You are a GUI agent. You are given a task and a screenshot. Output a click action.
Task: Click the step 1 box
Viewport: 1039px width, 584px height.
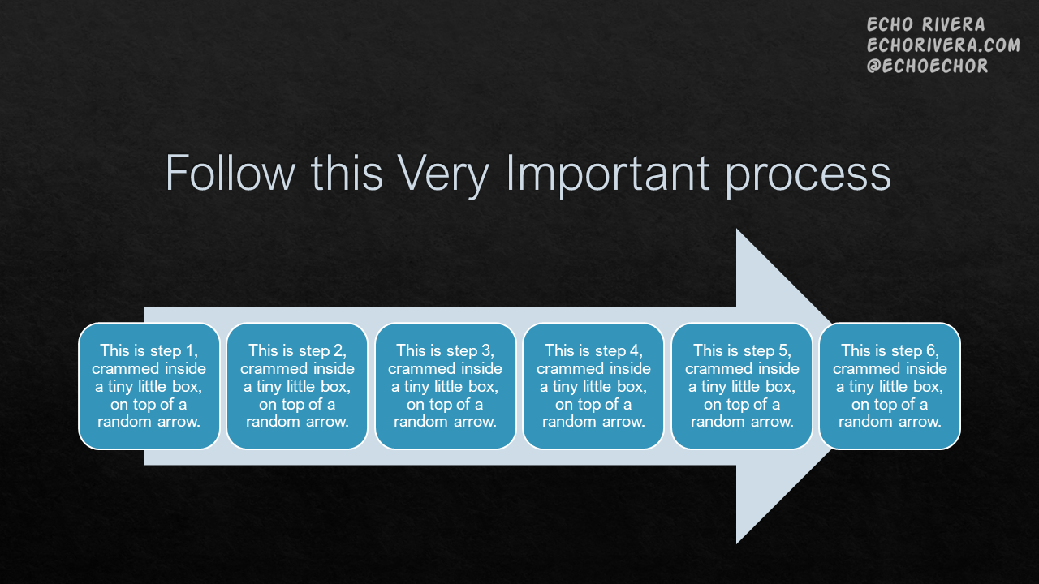pos(149,386)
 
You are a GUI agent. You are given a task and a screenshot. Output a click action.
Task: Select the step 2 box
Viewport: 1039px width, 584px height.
pos(297,386)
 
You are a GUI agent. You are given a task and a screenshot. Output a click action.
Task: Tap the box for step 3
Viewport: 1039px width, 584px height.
pos(446,386)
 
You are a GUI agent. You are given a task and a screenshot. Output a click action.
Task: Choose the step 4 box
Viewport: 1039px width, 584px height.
pos(593,386)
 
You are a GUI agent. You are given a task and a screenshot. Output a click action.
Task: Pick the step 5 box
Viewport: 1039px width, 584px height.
pos(742,386)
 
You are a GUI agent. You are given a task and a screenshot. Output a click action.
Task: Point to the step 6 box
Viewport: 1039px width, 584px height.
pos(890,386)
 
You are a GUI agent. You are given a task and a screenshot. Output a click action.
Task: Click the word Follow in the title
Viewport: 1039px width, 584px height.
pos(230,173)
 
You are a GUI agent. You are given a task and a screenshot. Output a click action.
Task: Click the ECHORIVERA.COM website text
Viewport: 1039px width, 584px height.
pos(943,45)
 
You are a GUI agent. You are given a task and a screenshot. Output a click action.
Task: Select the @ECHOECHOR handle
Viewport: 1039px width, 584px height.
pos(927,67)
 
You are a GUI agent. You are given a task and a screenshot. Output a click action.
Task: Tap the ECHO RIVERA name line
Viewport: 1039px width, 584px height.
pos(925,24)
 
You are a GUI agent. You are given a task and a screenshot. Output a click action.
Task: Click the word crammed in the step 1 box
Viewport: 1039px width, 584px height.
pos(119,368)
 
